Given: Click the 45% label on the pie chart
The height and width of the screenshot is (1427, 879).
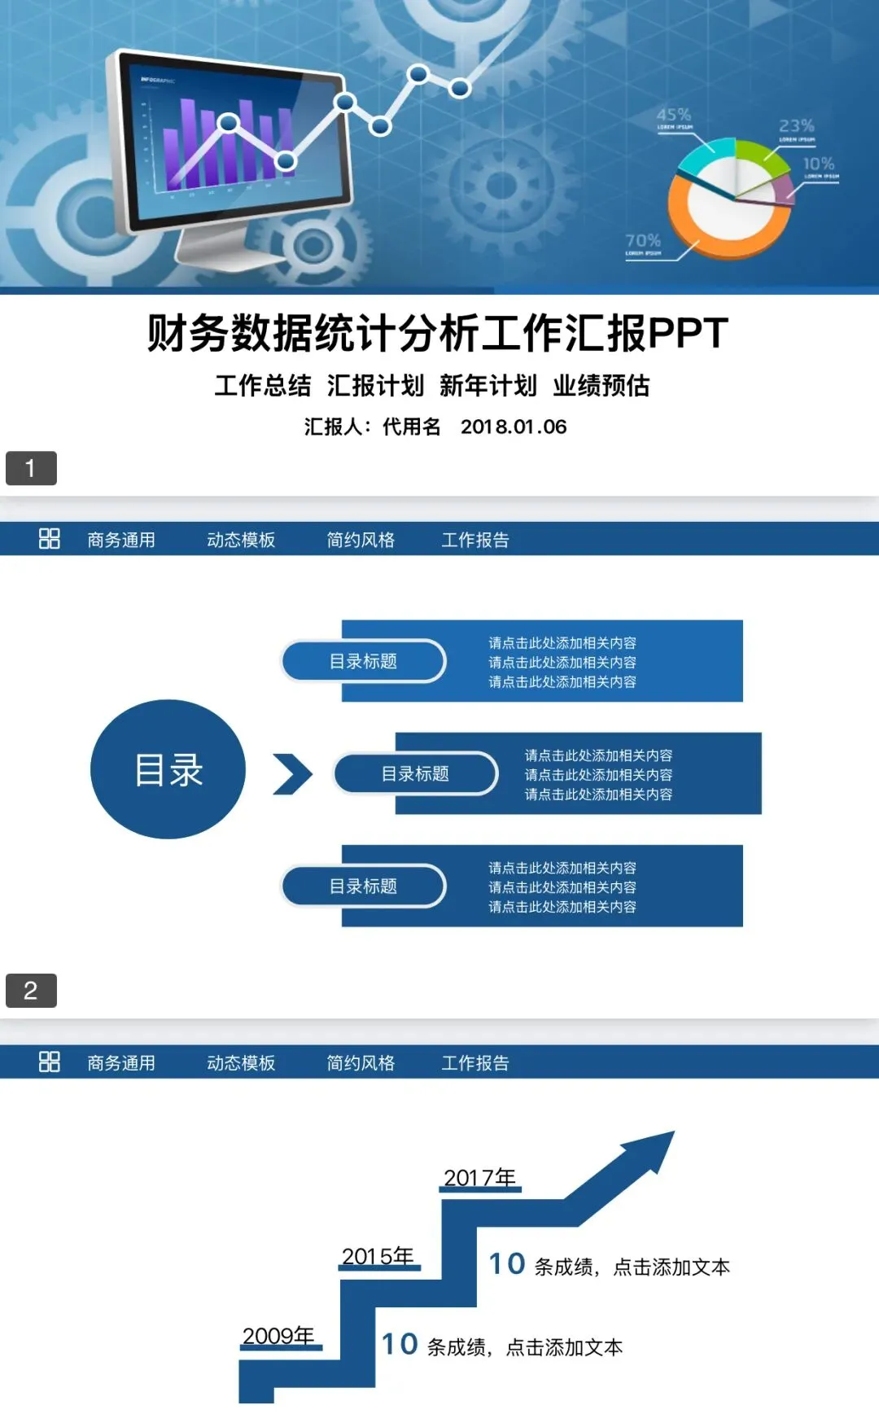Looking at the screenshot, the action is coord(673,115).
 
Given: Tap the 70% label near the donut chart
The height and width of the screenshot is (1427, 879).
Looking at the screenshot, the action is coord(642,241).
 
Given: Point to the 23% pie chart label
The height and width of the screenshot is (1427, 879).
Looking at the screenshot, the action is coord(795,126).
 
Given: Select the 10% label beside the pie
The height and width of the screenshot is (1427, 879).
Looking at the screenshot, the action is coord(818,164).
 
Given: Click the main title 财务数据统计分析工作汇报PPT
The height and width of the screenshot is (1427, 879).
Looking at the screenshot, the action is coord(438,334).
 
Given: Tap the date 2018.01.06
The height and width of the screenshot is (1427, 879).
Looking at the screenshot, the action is coord(513,427).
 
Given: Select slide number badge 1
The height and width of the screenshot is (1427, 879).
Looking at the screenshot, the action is coord(31,468).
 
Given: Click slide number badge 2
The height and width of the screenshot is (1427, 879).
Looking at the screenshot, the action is coord(31,991).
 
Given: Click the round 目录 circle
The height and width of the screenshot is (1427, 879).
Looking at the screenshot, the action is coord(168,769).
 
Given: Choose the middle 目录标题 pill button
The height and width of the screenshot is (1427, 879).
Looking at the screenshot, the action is coord(415,773).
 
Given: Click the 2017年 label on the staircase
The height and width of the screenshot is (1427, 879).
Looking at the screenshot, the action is coord(479,1178).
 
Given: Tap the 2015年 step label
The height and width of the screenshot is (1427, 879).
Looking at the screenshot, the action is coord(378,1256).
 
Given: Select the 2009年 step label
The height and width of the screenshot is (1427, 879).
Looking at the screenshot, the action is coord(278,1336).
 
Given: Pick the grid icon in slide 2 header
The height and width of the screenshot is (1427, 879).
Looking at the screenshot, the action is coord(50,539).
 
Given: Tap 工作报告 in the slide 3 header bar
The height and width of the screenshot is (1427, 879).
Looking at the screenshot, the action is coord(474,1063).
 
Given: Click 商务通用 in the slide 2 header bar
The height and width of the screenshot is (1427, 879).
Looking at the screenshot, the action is coord(121,540).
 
